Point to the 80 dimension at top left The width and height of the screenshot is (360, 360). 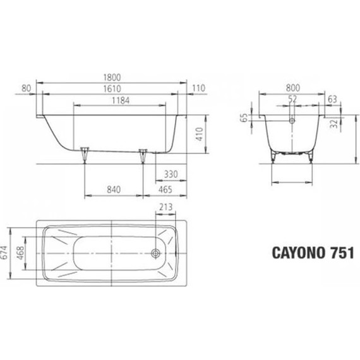[27, 88]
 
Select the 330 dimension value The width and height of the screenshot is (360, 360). [171, 174]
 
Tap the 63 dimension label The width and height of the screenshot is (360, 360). [333, 99]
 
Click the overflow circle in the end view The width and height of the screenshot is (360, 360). [292, 119]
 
